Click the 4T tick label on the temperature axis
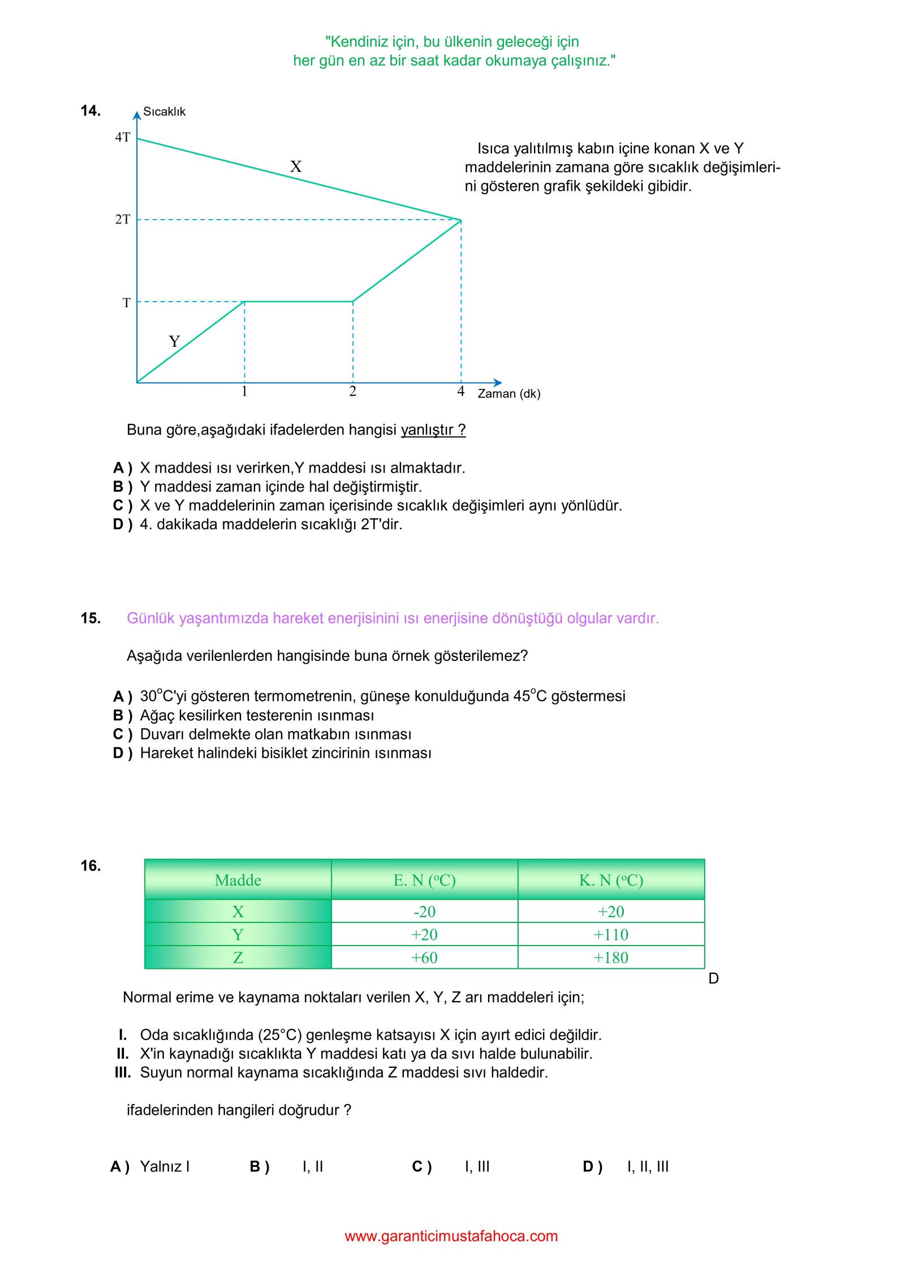coord(122,137)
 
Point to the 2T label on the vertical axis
coord(122,219)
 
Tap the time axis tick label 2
coord(352,391)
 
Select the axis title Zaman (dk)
coord(508,393)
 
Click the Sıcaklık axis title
coord(164,111)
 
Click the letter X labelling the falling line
coord(295,166)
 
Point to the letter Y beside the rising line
coord(174,341)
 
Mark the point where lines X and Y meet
coord(461,220)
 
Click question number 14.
coord(90,110)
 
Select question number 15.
coord(90,618)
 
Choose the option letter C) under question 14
coord(122,505)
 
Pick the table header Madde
coord(238,880)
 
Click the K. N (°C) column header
coord(611,880)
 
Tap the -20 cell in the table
coord(424,912)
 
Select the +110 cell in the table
coord(611,934)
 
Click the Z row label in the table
coord(238,957)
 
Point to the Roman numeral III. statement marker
coord(122,1072)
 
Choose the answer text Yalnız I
coord(165,1166)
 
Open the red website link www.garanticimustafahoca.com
coord(451,1236)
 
